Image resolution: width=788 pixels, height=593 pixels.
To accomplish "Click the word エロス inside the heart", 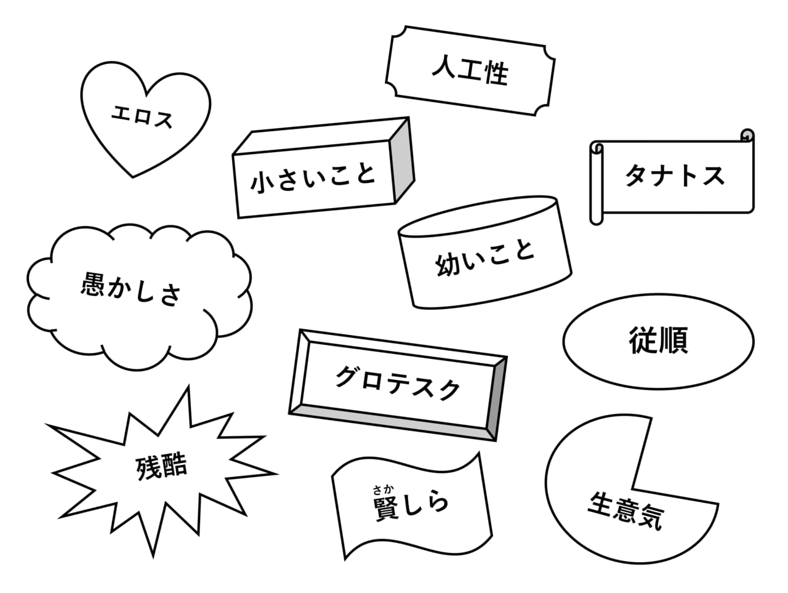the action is point(142,116).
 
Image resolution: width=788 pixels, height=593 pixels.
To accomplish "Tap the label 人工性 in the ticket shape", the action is point(470,70).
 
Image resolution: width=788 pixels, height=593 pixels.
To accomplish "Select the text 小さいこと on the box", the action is point(313,179).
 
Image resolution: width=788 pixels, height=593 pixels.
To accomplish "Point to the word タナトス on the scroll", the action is point(675,175).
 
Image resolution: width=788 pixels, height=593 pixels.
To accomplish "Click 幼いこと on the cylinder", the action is point(485,259).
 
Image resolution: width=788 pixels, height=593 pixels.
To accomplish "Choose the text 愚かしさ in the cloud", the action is point(131,289).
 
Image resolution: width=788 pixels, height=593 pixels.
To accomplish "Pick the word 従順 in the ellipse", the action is point(658,340).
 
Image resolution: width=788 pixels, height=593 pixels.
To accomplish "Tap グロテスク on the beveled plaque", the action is point(398,383).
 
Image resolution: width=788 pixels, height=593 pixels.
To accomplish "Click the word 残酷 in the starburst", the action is point(161,466).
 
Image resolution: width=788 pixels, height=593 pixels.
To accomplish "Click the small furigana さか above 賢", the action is point(383,489).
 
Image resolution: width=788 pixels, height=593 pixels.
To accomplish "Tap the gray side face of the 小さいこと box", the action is point(403,161).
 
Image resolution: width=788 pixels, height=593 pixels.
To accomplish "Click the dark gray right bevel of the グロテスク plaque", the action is point(496,398).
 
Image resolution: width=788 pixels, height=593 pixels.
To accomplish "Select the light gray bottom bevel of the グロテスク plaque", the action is point(392,423).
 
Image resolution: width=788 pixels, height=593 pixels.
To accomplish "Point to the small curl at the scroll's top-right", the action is point(747,135).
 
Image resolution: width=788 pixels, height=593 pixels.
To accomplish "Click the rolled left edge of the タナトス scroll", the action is point(597,183).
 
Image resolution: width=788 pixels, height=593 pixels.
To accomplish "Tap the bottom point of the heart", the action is point(133,177).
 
